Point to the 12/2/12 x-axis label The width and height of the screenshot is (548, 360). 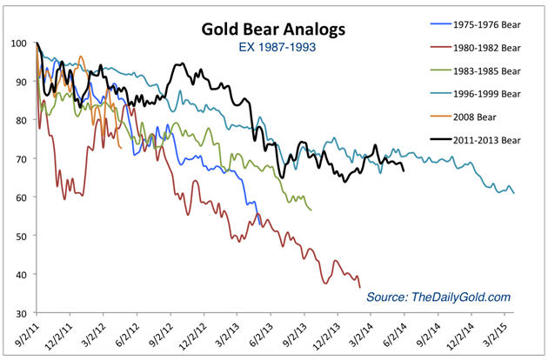(193, 333)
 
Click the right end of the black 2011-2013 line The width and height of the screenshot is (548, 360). (404, 170)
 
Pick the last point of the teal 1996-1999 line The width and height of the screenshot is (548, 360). (514, 193)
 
